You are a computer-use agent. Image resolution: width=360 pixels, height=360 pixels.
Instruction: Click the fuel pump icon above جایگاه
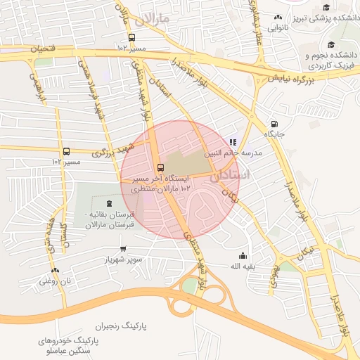tap(274, 123)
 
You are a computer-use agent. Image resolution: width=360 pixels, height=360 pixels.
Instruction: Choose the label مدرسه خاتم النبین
tap(233, 152)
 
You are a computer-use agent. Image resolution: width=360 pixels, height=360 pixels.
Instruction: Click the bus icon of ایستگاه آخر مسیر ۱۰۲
tap(161, 168)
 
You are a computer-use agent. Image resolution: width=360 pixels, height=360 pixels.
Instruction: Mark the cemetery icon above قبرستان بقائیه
tap(108, 204)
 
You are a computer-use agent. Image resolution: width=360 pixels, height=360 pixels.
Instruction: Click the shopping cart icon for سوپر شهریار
tap(124, 248)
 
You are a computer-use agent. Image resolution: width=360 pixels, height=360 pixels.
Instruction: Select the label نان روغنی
tap(56, 281)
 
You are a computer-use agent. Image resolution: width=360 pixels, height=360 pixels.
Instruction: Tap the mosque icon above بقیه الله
tap(243, 255)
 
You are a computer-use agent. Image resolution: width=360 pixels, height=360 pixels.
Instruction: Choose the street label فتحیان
tap(41, 49)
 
